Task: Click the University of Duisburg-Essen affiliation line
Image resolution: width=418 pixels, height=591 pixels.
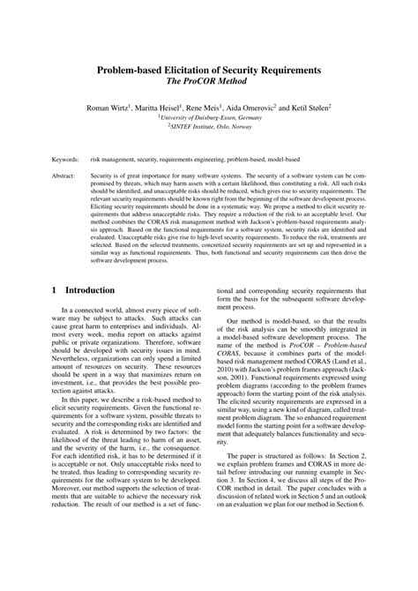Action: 210,116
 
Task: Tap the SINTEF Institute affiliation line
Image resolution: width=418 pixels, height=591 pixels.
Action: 210,126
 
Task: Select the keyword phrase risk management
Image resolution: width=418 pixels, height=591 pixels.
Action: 113,161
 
